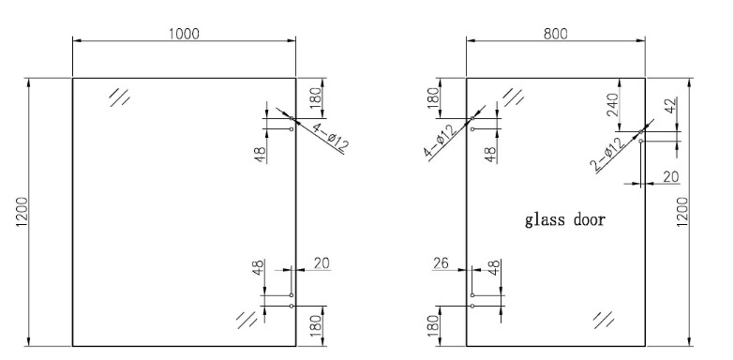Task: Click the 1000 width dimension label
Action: point(184,34)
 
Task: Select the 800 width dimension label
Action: point(556,34)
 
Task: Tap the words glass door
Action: point(565,219)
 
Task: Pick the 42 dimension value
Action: point(670,106)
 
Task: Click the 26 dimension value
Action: point(441,263)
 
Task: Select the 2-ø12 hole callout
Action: point(607,154)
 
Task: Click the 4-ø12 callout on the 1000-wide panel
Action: point(330,137)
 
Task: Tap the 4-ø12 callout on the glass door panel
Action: point(440,141)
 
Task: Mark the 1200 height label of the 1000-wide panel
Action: point(22,212)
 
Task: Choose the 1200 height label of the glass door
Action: point(682,212)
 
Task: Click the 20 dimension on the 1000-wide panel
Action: point(322,263)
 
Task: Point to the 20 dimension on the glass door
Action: point(671,176)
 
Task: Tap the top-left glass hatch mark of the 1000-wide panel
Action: point(119,97)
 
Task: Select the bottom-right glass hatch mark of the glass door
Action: point(604,321)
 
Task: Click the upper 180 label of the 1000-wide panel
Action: point(316,96)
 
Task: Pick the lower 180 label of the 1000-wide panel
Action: point(316,325)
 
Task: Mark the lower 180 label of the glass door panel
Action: point(434,325)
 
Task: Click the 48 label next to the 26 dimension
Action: point(494,268)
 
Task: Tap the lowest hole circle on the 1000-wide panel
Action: point(292,307)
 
